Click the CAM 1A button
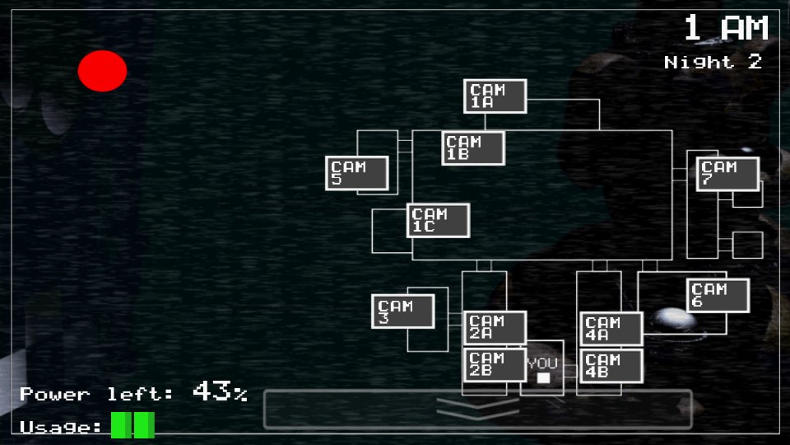(x=495, y=96)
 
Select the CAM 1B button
(x=473, y=148)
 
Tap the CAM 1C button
(x=438, y=221)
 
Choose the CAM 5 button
(x=356, y=173)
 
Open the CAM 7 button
(x=727, y=173)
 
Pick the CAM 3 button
(x=402, y=311)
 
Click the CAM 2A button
(x=495, y=327)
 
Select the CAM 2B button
(x=495, y=365)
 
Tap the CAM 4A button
(x=611, y=329)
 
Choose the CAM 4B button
(x=611, y=366)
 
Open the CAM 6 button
(x=718, y=296)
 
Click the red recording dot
(x=103, y=71)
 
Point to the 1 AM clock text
(x=726, y=29)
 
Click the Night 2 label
(x=713, y=62)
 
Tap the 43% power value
(x=220, y=391)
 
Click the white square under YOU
(x=543, y=378)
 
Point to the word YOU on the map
(x=542, y=363)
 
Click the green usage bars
(x=132, y=425)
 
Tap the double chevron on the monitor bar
(x=477, y=407)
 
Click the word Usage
(x=59, y=427)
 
